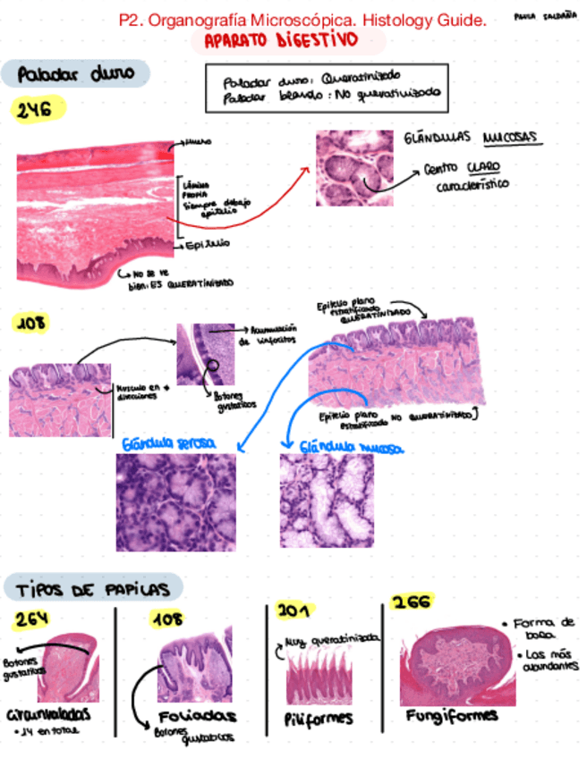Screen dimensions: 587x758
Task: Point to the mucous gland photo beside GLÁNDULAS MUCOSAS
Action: point(354,168)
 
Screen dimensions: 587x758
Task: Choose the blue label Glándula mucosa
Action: point(350,446)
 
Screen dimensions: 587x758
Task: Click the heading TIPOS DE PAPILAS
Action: point(93,589)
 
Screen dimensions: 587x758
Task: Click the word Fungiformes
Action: point(452,717)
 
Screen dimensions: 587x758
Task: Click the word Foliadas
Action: point(197,717)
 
